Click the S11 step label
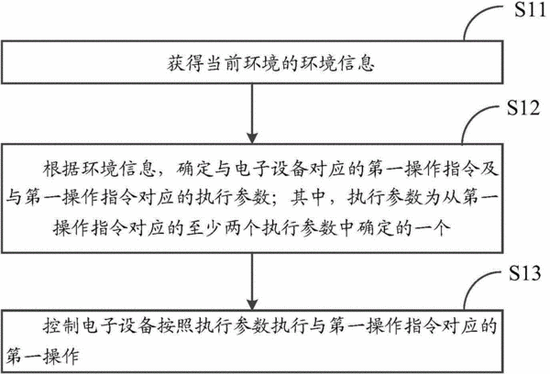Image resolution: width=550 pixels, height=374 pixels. [530, 10]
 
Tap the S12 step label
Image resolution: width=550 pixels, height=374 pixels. [523, 107]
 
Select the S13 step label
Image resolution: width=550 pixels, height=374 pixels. [525, 272]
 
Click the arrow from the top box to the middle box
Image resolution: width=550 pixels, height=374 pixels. [252, 114]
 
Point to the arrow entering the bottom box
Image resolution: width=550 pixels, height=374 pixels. [252, 281]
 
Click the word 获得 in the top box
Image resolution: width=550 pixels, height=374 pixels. [184, 63]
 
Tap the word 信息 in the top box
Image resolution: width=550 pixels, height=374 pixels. [356, 63]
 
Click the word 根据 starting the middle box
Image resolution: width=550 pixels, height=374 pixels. [60, 169]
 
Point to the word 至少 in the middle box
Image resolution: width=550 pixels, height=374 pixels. [203, 228]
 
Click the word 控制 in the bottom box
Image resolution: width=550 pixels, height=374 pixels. [60, 326]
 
